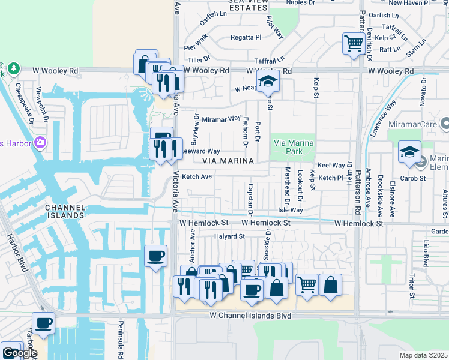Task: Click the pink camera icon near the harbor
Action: [x=40, y=142]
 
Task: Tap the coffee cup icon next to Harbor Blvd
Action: [x=43, y=323]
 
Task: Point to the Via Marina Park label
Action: [x=294, y=148]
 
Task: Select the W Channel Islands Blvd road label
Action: [x=250, y=316]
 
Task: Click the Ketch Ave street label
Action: [x=197, y=176]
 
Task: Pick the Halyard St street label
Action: [x=229, y=236]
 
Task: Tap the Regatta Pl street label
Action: [x=246, y=37]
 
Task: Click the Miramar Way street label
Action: [x=221, y=119]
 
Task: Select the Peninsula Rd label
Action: [x=121, y=346]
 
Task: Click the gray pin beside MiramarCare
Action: [x=445, y=124]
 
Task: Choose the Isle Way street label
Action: [x=291, y=211]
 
